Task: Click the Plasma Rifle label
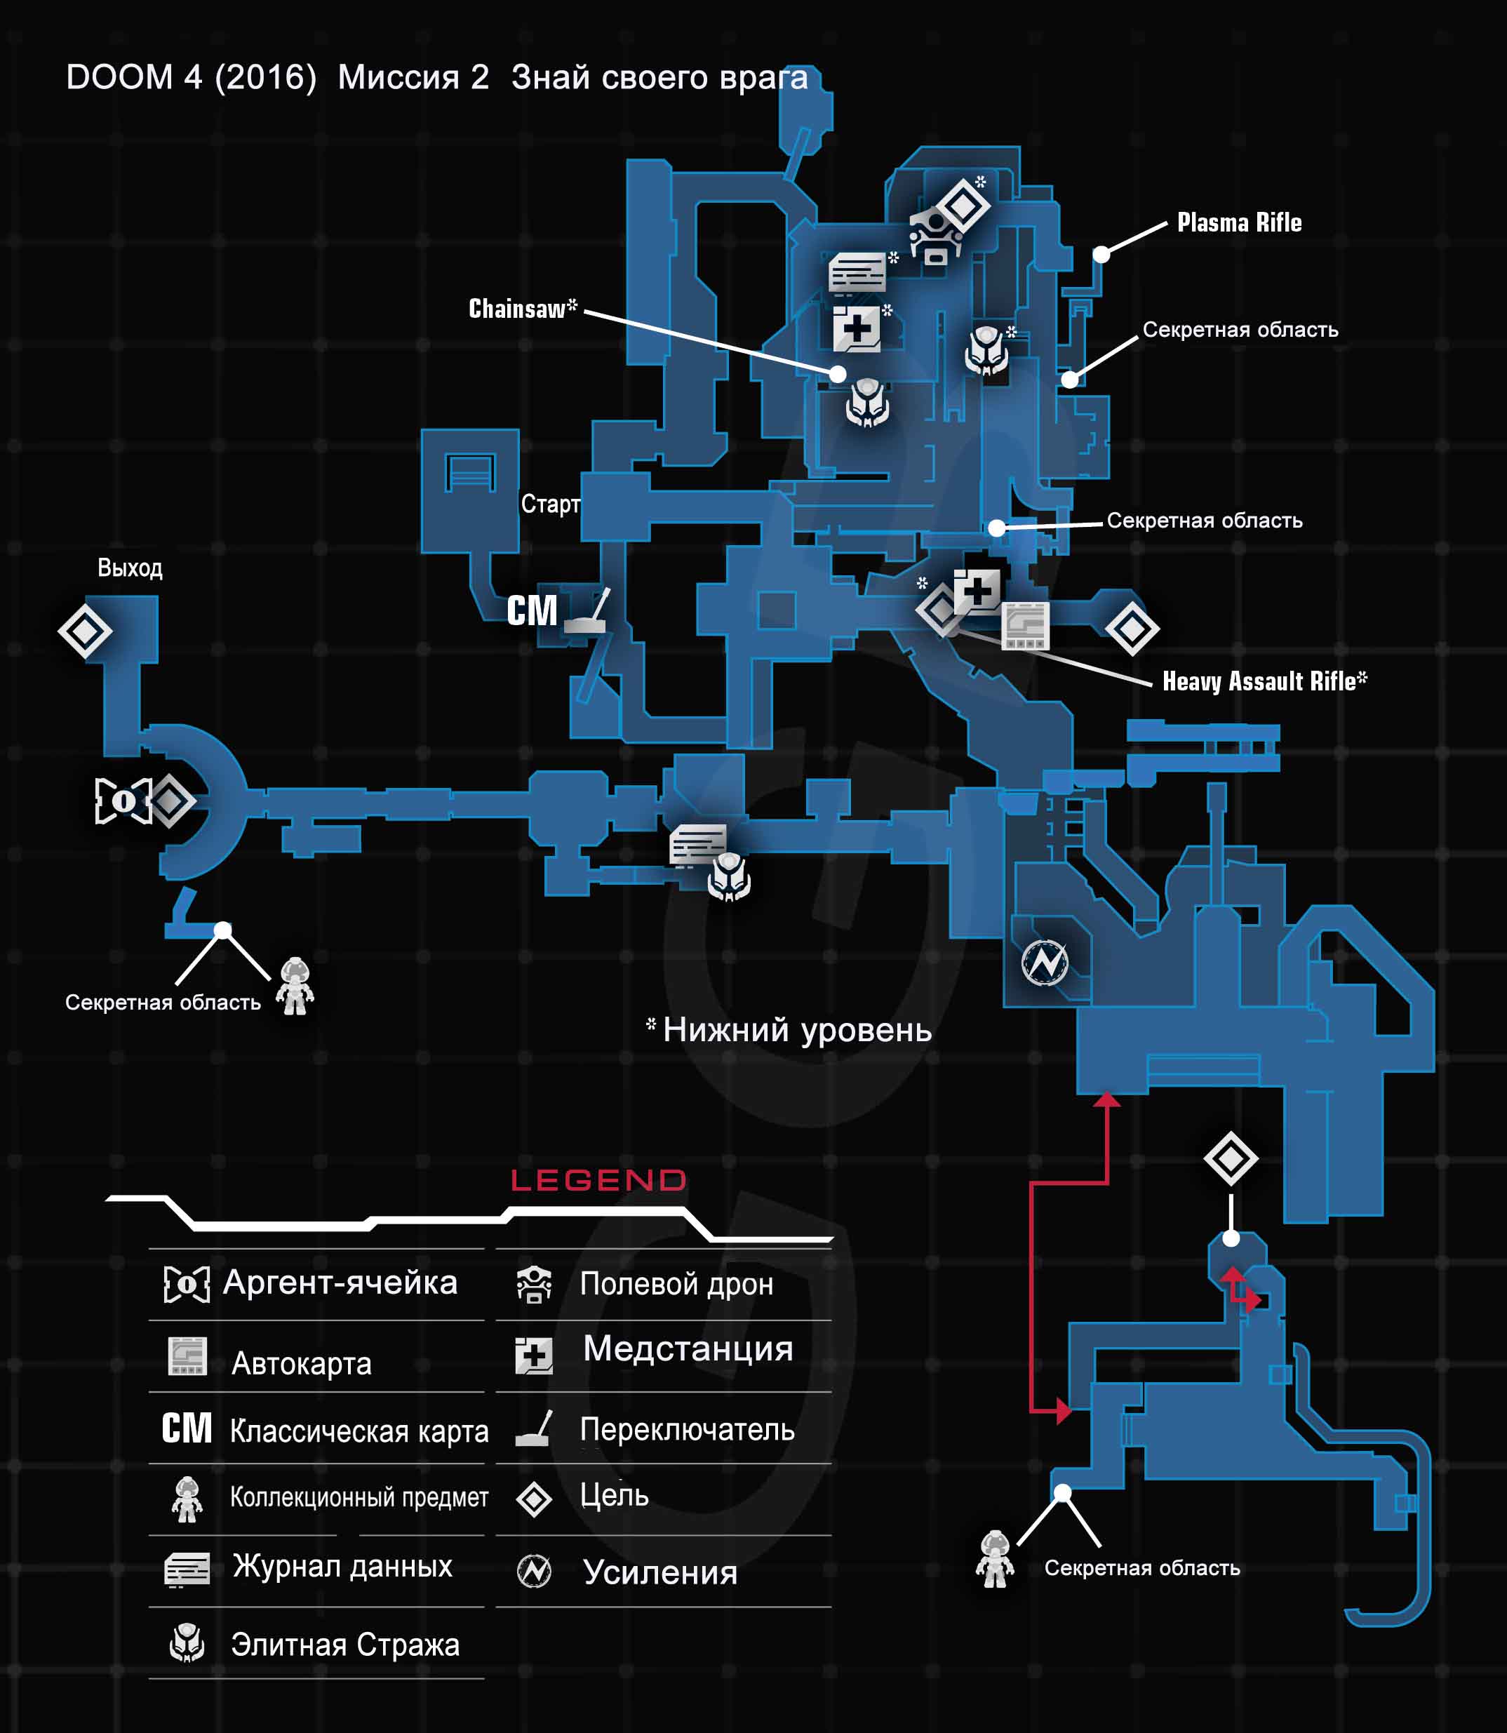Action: [x=1239, y=223]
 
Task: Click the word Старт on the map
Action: [x=550, y=504]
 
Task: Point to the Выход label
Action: [x=130, y=568]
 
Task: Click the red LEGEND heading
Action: [x=598, y=1181]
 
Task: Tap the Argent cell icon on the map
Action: [x=122, y=800]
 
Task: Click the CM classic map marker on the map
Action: [x=532, y=610]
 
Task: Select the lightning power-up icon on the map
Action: [x=1045, y=962]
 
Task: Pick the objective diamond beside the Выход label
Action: [x=85, y=631]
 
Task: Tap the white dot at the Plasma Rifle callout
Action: [x=1101, y=254]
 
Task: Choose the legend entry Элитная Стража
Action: [x=344, y=1644]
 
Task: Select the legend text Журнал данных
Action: [x=342, y=1566]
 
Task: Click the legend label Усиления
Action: [x=660, y=1572]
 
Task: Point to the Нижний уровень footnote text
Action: [x=796, y=1030]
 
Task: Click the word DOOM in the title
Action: [x=119, y=77]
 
